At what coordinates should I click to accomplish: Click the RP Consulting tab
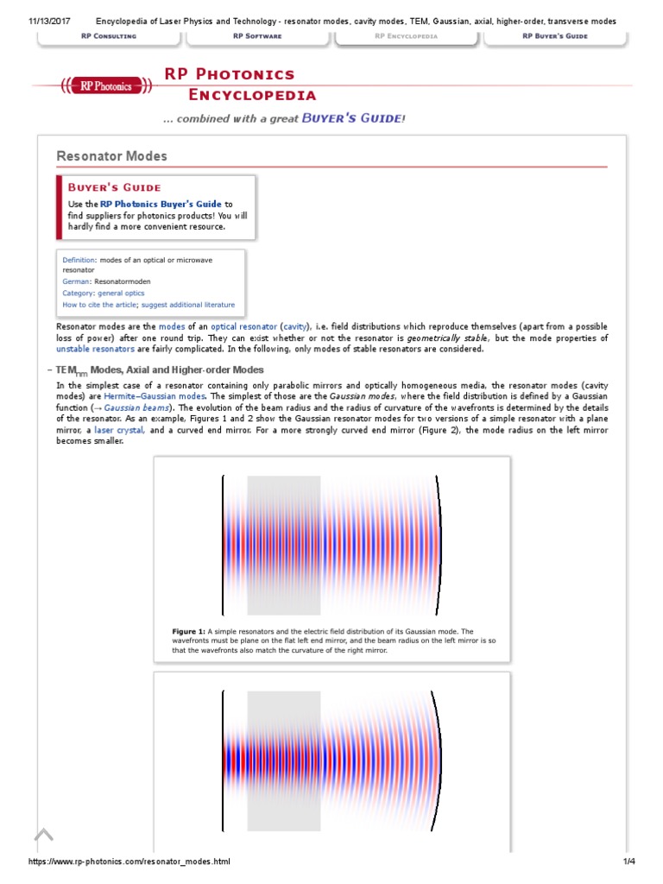[109, 36]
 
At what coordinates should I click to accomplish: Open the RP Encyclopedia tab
[406, 36]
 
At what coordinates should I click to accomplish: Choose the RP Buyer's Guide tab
[556, 36]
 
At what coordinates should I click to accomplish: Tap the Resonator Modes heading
[111, 156]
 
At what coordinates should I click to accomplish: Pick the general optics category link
[121, 294]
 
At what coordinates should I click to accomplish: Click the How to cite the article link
[99, 305]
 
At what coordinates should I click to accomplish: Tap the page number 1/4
[628, 862]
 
